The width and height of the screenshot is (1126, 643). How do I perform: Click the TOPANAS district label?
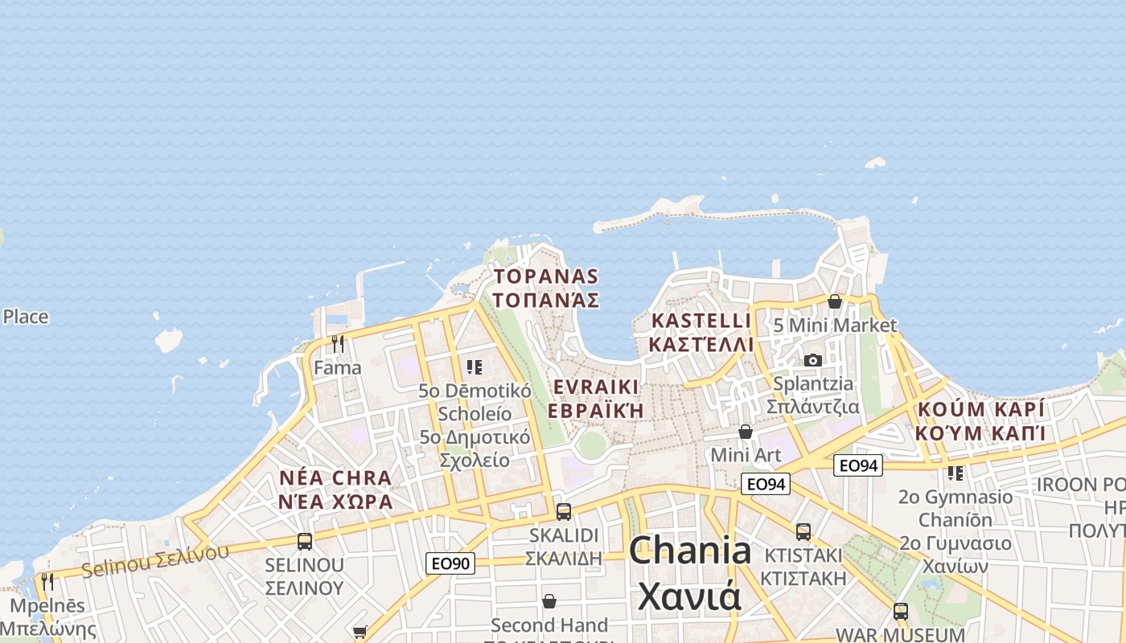[x=546, y=289]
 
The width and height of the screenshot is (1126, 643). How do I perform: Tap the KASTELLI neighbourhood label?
[x=701, y=332]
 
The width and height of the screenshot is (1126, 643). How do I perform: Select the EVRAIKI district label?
[x=596, y=398]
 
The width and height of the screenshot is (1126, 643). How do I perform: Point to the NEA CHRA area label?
[x=335, y=489]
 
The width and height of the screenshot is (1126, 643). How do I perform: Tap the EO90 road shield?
[x=450, y=563]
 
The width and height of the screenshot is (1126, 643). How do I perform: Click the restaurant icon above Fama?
[x=338, y=344]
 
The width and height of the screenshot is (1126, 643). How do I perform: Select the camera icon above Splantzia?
[x=813, y=360]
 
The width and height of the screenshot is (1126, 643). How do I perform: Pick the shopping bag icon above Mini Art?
[x=746, y=432]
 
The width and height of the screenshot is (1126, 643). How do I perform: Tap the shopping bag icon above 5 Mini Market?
[x=835, y=301]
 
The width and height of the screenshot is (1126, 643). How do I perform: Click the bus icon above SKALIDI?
[x=564, y=511]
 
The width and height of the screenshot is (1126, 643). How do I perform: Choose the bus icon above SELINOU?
[x=304, y=541]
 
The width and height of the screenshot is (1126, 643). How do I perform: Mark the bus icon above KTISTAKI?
[x=803, y=531]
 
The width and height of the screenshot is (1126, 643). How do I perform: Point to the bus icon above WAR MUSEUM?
[x=900, y=611]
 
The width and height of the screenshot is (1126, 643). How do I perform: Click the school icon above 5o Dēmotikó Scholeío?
[x=475, y=367]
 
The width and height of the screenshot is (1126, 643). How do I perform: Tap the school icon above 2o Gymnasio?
[x=955, y=473]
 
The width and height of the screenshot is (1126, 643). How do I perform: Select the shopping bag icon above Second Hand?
[x=549, y=601]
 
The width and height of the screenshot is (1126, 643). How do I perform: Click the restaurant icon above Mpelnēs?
[x=47, y=581]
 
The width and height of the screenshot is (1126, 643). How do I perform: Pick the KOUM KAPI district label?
[x=980, y=421]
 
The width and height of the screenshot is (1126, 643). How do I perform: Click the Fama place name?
[x=338, y=368]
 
